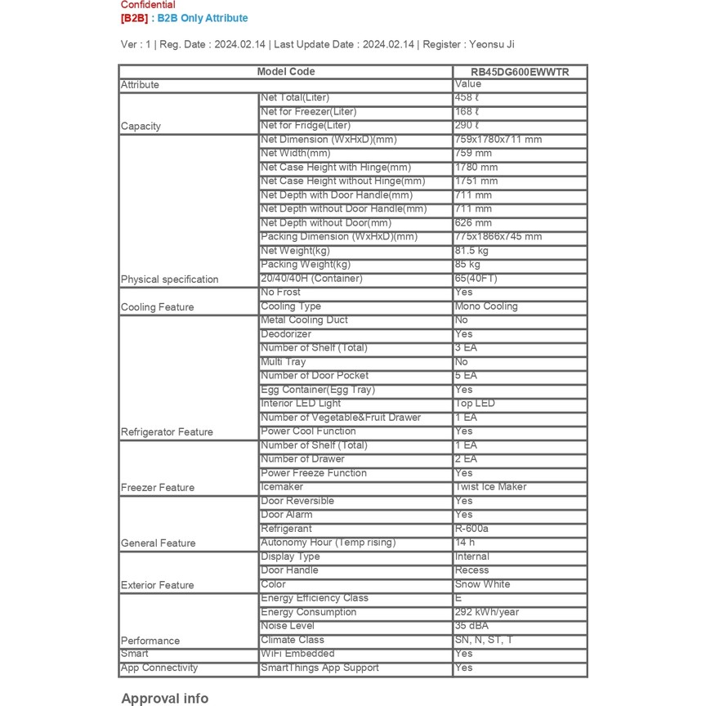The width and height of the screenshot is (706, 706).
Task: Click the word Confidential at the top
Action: pyautogui.click(x=148, y=5)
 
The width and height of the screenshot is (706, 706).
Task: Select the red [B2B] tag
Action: pyautogui.click(x=135, y=18)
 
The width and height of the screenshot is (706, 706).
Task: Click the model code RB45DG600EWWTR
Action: pyautogui.click(x=520, y=72)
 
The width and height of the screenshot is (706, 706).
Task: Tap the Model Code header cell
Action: pyautogui.click(x=286, y=72)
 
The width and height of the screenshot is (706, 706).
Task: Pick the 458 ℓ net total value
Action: pyautogui.click(x=467, y=98)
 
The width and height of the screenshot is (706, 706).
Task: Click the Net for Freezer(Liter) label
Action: pyautogui.click(x=309, y=112)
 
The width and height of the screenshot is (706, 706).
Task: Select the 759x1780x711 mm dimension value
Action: pyautogui.click(x=498, y=140)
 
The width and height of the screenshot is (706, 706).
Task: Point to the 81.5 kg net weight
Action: pyautogui.click(x=471, y=251)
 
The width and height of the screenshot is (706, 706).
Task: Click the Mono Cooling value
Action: pyautogui.click(x=486, y=306)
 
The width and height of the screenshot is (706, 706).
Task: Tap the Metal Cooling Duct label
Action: pyautogui.click(x=304, y=320)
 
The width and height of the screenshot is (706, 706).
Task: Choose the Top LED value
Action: pyautogui.click(x=475, y=404)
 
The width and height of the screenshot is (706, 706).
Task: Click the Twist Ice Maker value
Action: pyautogui.click(x=490, y=487)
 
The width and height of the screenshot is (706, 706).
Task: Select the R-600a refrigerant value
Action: pyautogui.click(x=471, y=529)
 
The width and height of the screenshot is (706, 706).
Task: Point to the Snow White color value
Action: pyautogui.click(x=482, y=584)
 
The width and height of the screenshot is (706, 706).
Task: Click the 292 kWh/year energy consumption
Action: pyautogui.click(x=487, y=612)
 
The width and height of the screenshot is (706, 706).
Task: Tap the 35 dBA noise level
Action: pyautogui.click(x=471, y=626)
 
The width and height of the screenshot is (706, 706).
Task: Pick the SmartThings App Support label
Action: pyautogui.click(x=319, y=668)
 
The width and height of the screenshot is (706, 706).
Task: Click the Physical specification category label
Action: pyautogui.click(x=170, y=279)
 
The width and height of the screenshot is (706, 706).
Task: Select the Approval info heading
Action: pyautogui.click(x=165, y=698)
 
